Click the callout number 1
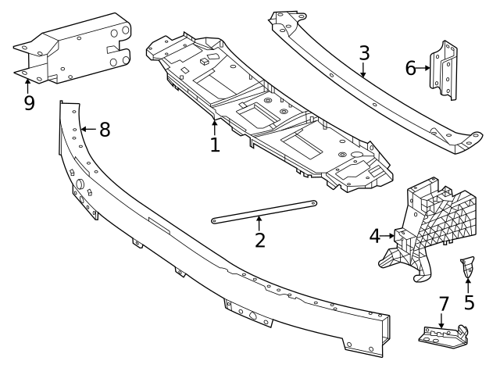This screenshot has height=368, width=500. [x=214, y=144]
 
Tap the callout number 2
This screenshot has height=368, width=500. [x=260, y=238]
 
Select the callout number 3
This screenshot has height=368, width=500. [x=364, y=54]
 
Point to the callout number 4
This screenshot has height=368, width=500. [x=375, y=234]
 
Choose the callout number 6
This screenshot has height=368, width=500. [x=411, y=68]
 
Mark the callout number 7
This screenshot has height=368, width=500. [x=444, y=302]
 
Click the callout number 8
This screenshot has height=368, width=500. [x=104, y=129]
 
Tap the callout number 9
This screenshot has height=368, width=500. [x=29, y=102]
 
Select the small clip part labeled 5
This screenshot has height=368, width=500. [x=467, y=266]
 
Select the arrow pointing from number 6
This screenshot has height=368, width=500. [x=424, y=68]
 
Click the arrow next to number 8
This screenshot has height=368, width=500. [x=87, y=129]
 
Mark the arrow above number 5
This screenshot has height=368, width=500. [x=468, y=280]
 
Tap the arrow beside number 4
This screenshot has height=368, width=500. [x=389, y=234]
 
